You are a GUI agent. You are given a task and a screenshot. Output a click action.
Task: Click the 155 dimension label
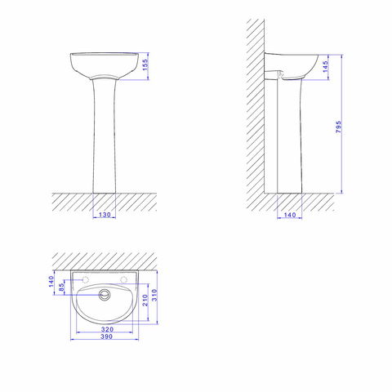[145, 65]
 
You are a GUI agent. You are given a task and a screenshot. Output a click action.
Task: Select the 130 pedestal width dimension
[105, 215]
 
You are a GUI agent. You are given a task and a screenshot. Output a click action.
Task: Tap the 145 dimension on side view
[325, 67]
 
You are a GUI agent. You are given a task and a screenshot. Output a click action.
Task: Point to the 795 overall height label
[338, 127]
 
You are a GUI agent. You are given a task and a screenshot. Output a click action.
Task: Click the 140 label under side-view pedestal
[290, 215]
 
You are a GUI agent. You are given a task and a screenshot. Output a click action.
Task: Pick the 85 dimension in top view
[61, 287]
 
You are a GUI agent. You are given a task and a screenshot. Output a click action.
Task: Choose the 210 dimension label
[145, 300]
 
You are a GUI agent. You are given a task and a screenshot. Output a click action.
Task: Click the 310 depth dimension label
[154, 295]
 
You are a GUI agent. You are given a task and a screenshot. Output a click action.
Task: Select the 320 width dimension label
[107, 329]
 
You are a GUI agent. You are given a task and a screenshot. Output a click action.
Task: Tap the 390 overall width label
[106, 336]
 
